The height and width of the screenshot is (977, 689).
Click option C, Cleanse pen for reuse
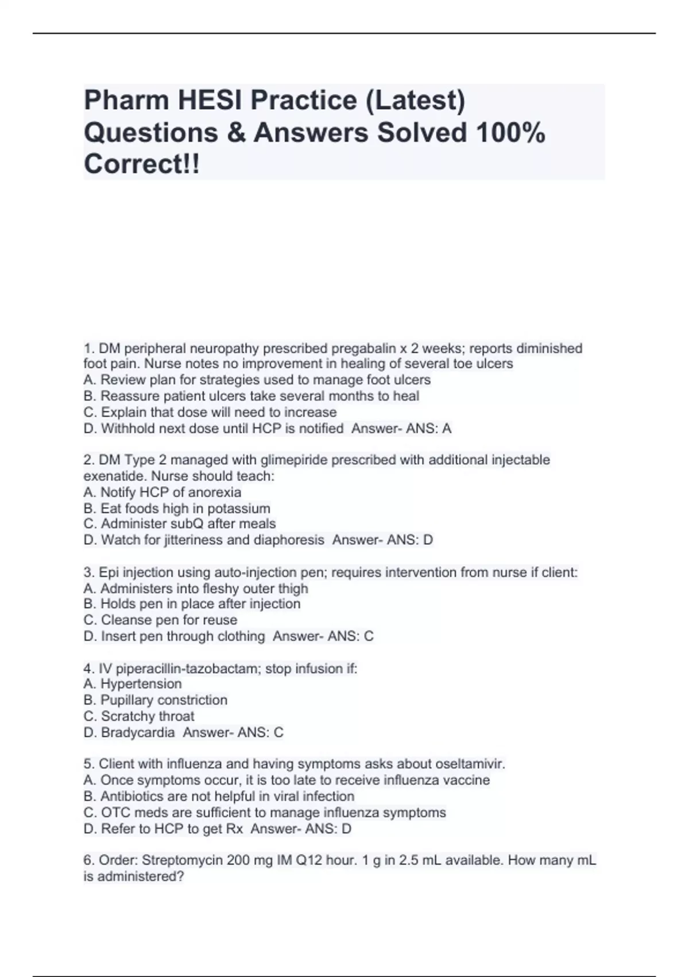pos(160,620)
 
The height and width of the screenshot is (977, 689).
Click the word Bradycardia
pos(138,732)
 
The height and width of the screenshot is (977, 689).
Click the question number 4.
pos(88,668)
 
